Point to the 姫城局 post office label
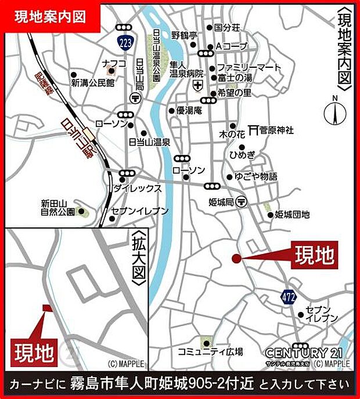coord(220,202)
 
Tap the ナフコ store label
coord(110,62)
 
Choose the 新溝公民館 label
coord(93,83)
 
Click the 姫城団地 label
coord(291,215)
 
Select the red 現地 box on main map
coord(315,255)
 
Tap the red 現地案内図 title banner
coord(51,17)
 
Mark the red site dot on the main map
coord(236,259)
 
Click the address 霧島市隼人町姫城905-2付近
coord(163,384)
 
